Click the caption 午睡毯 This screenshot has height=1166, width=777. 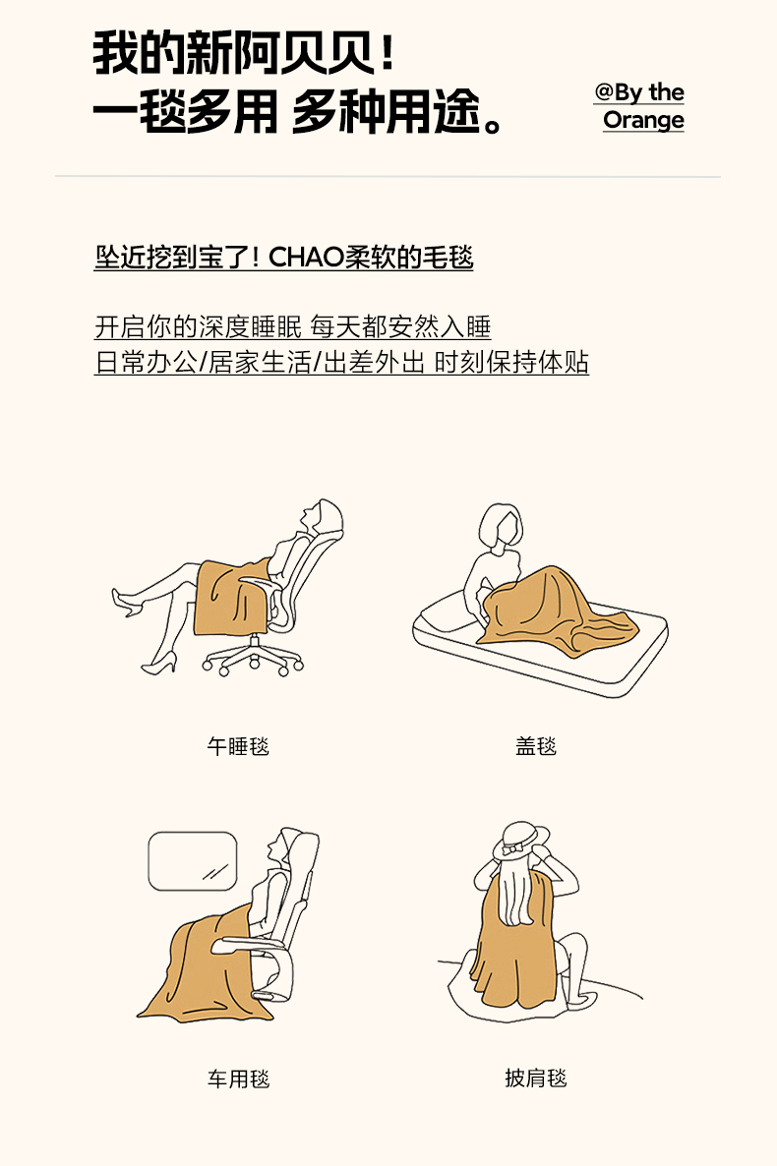point(238,746)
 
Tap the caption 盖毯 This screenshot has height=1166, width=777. point(536,746)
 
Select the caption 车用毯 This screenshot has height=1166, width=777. point(238,1079)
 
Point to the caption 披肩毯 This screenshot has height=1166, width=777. point(536,1078)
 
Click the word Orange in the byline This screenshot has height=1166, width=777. point(643,121)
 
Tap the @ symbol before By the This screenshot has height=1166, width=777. point(604,92)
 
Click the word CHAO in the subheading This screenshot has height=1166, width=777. point(307,258)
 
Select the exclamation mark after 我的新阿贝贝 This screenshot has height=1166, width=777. point(387,53)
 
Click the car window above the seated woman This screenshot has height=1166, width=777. point(193,861)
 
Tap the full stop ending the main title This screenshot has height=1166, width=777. point(493,124)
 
